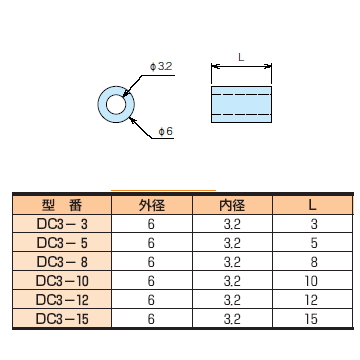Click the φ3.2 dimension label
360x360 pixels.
click(161, 67)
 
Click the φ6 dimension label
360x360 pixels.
click(166, 131)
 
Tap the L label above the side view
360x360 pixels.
click(241, 57)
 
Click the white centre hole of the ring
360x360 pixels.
click(116, 105)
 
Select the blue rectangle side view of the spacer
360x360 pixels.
click(241, 104)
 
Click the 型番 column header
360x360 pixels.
click(62, 205)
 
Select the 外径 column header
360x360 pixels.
click(152, 205)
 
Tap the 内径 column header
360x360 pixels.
click(232, 205)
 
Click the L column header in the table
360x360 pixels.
click(312, 205)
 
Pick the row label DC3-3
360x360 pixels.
click(62, 224)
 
